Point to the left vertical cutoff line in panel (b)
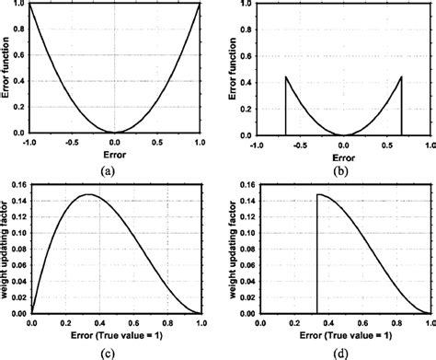click(x=285, y=107)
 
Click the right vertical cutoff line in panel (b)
click(x=401, y=107)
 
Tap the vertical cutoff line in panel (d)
click(x=317, y=258)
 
